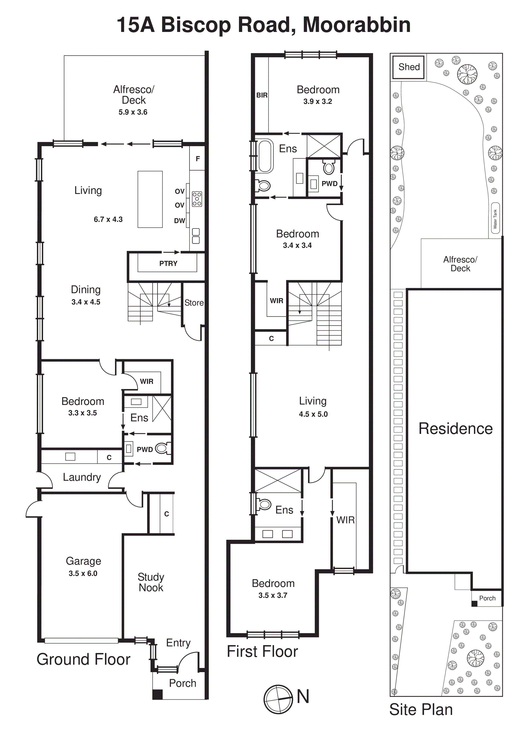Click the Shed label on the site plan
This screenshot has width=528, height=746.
click(409, 67)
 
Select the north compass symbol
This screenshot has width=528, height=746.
click(278, 699)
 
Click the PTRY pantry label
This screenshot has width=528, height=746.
click(168, 264)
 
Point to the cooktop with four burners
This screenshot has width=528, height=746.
click(197, 199)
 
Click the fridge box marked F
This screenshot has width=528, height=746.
click(197, 159)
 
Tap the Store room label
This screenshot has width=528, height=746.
click(194, 303)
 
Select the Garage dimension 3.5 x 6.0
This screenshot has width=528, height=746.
click(83, 574)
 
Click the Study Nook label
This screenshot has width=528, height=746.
click(151, 582)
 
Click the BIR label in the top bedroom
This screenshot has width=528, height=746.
click(262, 95)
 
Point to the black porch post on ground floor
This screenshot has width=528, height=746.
click(157, 694)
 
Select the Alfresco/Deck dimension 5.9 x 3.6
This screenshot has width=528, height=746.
click(133, 112)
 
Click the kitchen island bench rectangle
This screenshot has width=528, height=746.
click(150, 199)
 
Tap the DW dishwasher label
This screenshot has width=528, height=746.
click(180, 221)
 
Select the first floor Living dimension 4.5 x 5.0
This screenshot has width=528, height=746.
click(313, 414)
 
